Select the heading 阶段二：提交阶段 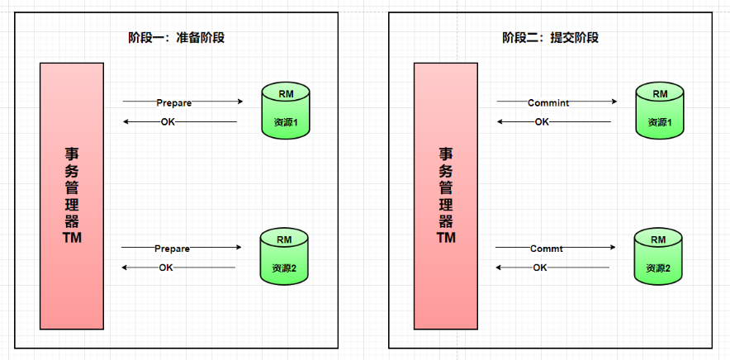pos(550,37)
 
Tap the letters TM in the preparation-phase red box pos(71,238)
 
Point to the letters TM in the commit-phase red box pos(446,238)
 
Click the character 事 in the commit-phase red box pos(446,154)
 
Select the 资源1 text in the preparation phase pos(285,122)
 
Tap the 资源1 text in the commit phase pos(659,122)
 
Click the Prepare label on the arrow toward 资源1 pos(173,102)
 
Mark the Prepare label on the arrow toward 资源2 pos(172,249)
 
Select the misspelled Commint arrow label pos(548,102)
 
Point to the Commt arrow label pos(546,249)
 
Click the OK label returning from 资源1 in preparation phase pos(168,122)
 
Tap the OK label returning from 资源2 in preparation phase pos(166,268)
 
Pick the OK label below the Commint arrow pos(542,122)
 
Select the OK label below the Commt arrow pos(540,268)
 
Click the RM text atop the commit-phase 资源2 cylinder pos(658,240)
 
